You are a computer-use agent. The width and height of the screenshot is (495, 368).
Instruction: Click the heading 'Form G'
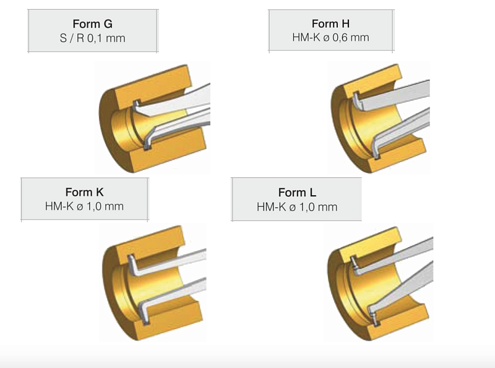coord(92,24)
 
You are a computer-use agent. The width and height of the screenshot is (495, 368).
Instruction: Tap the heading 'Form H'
coord(330,23)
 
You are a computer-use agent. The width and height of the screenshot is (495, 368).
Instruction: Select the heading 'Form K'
coord(84,192)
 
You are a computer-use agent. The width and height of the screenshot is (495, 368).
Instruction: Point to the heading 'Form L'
coord(297,192)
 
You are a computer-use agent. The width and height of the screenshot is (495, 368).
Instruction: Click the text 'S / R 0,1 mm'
coord(92,38)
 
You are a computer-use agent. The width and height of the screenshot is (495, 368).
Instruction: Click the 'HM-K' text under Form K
coord(59,206)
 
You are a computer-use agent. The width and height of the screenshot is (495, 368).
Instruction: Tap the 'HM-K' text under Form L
coord(271,207)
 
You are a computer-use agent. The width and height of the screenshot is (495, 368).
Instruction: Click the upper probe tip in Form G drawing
coord(136,103)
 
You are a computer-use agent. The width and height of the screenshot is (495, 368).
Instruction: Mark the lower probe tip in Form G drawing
coord(147,147)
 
